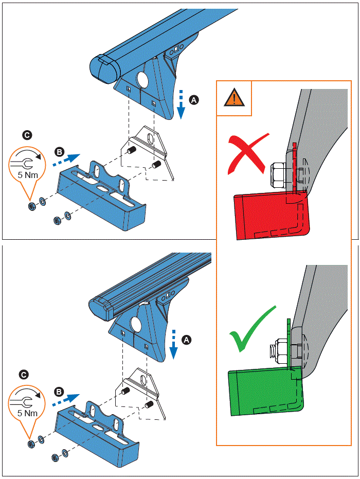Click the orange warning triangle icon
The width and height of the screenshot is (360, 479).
[x=233, y=98]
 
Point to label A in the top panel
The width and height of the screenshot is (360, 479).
[x=193, y=100]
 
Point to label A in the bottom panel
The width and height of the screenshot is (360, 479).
[x=187, y=340]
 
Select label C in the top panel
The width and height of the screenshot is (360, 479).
[x=27, y=135]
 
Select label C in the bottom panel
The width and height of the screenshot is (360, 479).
[x=24, y=375]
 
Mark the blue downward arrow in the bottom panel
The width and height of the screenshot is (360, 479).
[x=174, y=343]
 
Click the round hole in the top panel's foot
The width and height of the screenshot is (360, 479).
[x=142, y=80]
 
